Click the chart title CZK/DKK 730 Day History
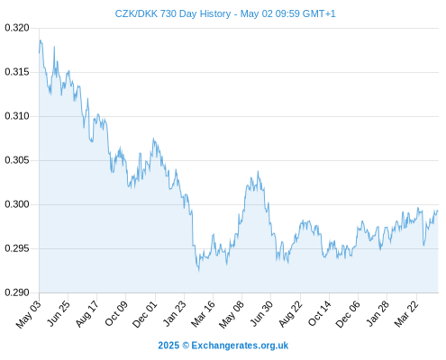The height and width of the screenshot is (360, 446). point(173,13)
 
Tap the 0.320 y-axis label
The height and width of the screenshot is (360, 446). point(17,28)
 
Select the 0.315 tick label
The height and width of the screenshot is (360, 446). point(17,72)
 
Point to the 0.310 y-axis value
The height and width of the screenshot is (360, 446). point(17,116)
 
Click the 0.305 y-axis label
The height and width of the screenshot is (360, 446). point(17,160)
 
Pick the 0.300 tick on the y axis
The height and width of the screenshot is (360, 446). point(17,204)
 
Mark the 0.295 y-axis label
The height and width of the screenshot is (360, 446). point(17,248)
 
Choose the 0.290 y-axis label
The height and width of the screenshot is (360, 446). point(17,292)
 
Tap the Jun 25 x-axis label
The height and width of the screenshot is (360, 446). point(59,313)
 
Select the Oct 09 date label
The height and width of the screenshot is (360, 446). point(116,313)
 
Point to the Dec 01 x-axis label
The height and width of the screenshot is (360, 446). point(145,314)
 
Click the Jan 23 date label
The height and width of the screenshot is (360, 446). point(174,313)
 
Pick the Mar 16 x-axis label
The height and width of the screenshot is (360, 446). point(203,313)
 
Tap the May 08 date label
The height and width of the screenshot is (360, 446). point(232,314)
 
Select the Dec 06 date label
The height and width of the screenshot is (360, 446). point(348,314)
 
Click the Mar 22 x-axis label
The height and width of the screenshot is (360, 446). point(406,313)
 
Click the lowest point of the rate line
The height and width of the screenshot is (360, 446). point(198,271)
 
